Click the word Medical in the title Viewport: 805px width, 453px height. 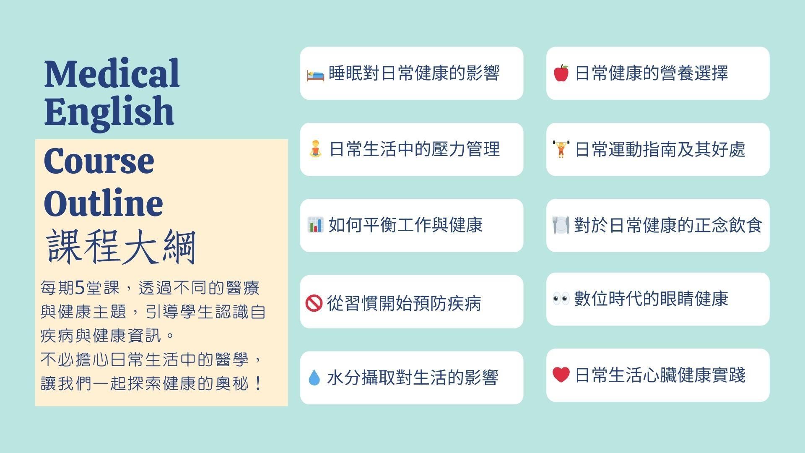(x=112, y=73)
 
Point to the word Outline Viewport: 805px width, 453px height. (x=103, y=203)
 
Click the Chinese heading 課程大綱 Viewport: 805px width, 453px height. (x=121, y=247)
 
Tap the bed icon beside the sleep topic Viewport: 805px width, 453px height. (x=315, y=75)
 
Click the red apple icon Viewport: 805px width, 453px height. (x=561, y=73)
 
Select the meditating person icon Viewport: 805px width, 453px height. (x=315, y=149)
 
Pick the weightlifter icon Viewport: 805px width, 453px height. (x=561, y=149)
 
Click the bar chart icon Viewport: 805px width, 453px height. (x=315, y=225)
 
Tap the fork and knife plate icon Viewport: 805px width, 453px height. (x=561, y=225)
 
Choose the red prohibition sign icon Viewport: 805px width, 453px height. (x=314, y=303)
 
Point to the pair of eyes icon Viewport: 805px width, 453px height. (x=561, y=299)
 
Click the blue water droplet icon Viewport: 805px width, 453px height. (x=314, y=377)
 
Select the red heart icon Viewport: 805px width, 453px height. (x=561, y=375)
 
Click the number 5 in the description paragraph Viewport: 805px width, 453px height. (x=80, y=288)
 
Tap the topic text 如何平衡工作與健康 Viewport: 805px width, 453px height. (x=405, y=225)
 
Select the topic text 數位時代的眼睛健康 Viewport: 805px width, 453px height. (x=651, y=299)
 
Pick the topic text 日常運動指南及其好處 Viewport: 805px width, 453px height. (x=660, y=149)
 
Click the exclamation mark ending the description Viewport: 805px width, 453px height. (x=258, y=383)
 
